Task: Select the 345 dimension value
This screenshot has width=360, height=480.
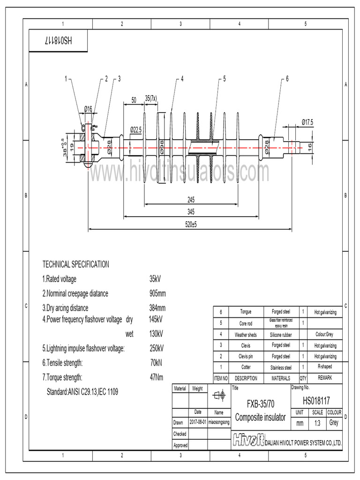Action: (x=191, y=212)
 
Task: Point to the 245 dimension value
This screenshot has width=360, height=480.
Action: (x=191, y=199)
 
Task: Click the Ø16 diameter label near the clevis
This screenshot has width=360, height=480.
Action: (x=88, y=109)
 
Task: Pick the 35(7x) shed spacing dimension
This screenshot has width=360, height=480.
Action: (x=151, y=98)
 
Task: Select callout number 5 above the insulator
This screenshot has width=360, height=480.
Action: (x=224, y=79)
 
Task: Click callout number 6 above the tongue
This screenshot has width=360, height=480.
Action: (x=287, y=79)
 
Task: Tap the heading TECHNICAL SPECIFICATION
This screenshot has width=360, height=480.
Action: (x=76, y=264)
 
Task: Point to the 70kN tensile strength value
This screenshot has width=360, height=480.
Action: (x=156, y=363)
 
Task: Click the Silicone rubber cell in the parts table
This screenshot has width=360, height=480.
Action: (x=281, y=335)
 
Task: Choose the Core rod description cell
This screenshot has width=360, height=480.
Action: (x=246, y=323)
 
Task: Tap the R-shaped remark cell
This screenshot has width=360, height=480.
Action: (x=325, y=367)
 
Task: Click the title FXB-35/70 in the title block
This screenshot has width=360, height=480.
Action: (x=260, y=404)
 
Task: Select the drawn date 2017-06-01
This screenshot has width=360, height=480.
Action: (x=197, y=422)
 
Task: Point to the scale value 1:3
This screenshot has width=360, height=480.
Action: (x=317, y=423)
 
